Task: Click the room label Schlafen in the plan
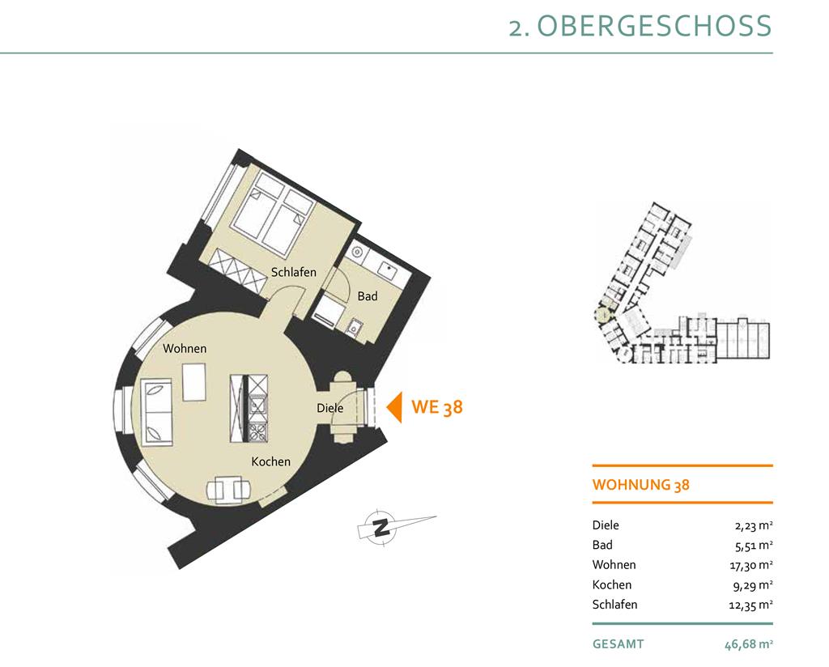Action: click(293, 272)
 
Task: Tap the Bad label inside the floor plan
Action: click(368, 296)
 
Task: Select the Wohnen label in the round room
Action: click(185, 348)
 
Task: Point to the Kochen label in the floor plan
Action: click(270, 461)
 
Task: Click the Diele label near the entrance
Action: click(330, 408)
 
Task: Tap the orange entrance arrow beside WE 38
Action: click(394, 407)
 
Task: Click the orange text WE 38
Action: click(436, 407)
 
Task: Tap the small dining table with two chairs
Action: click(227, 490)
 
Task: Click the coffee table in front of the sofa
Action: click(194, 382)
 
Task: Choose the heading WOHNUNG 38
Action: click(641, 485)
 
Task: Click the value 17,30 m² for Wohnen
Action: click(750, 565)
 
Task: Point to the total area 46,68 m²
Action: click(749, 644)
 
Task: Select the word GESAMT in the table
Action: click(618, 644)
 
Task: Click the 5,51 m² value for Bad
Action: click(754, 545)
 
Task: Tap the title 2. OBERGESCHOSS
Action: click(640, 25)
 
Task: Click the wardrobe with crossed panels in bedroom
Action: click(238, 270)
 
